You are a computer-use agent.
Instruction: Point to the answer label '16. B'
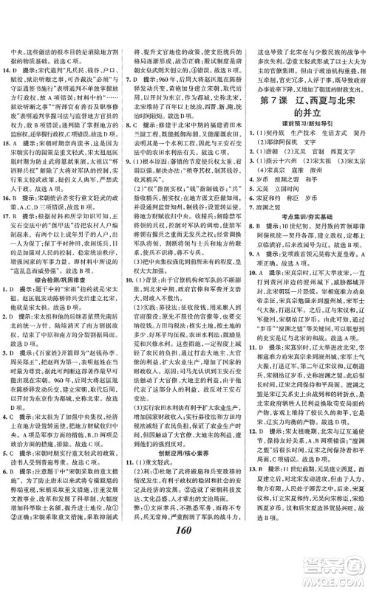tap(11, 219)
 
